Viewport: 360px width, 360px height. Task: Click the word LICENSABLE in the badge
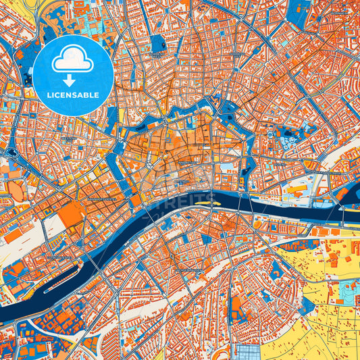[x=73, y=95]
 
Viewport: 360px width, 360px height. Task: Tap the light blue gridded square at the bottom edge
[x=247, y=351]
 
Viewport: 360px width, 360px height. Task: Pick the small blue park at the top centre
[x=158, y=44]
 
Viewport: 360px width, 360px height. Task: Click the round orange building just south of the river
[x=257, y=224]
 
